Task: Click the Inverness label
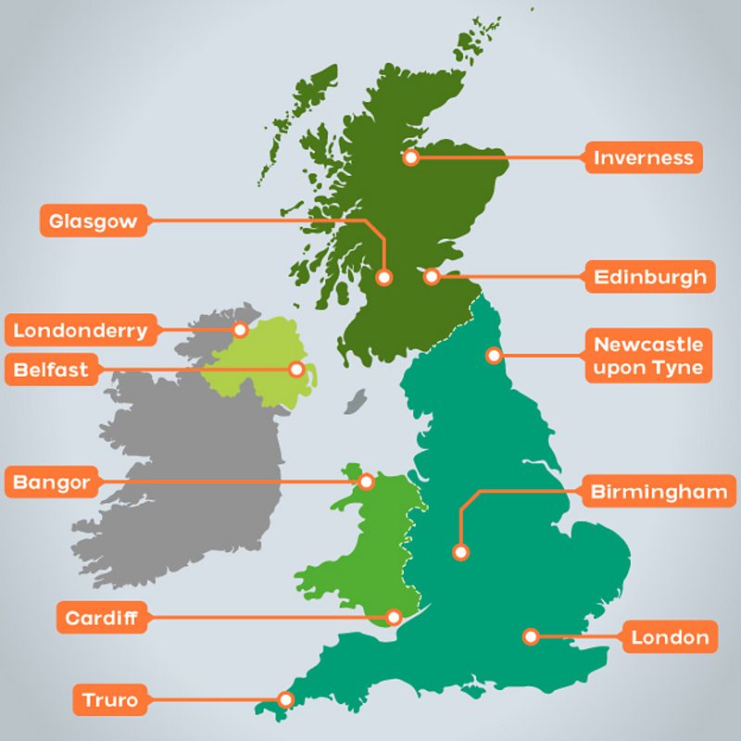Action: pyautogui.click(x=644, y=157)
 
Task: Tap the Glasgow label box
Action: pyautogui.click(x=93, y=221)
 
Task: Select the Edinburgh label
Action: pyautogui.click(x=649, y=276)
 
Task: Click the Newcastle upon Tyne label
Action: pyautogui.click(x=648, y=357)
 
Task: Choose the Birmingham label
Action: pyautogui.click(x=659, y=492)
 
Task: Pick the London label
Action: pyautogui.click(x=669, y=637)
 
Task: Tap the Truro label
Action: pyautogui.click(x=110, y=700)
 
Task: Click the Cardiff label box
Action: pyautogui.click(x=102, y=618)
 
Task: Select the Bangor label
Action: pyautogui.click(x=52, y=483)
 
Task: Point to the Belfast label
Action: pyautogui.click(x=52, y=370)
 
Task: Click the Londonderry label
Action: pyautogui.click(x=81, y=330)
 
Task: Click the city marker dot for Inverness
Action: pyautogui.click(x=411, y=157)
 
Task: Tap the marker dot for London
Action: pyautogui.click(x=531, y=636)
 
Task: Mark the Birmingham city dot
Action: pyautogui.click(x=460, y=552)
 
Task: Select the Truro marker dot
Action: pyautogui.click(x=286, y=699)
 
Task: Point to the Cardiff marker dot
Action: pyautogui.click(x=394, y=616)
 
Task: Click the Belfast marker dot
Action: pyautogui.click(x=296, y=369)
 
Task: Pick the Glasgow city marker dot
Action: pyautogui.click(x=384, y=276)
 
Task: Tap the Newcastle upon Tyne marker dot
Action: pyautogui.click(x=495, y=355)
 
